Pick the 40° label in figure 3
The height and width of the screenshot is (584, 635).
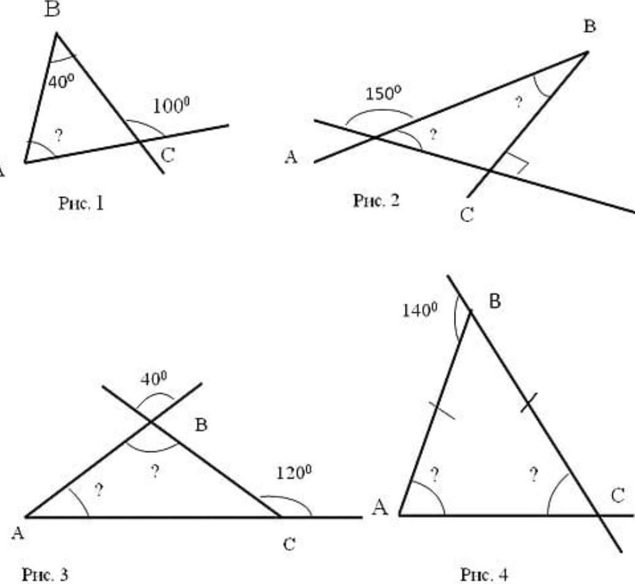coord(153,379)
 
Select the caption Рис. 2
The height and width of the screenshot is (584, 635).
coord(376,200)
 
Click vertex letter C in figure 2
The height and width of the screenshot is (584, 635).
coord(467,216)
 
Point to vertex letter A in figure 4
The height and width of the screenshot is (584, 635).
coord(380,509)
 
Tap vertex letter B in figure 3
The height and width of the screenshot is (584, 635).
coord(201,425)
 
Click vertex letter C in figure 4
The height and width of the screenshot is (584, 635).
coord(617,496)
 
